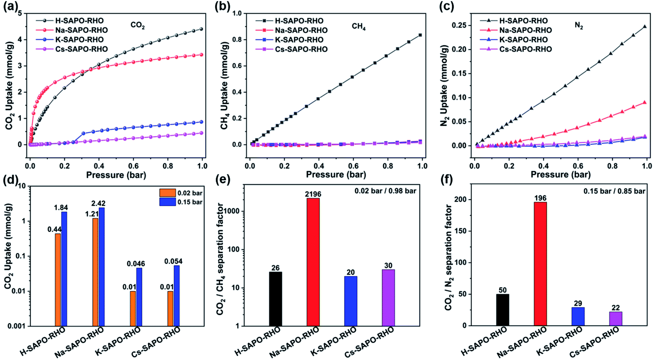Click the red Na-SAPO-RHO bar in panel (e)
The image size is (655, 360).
pos(313,262)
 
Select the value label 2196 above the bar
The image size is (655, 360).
pos(313,194)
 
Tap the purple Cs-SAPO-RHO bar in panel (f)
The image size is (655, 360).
pos(615,318)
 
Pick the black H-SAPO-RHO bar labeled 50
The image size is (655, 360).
pos(502,309)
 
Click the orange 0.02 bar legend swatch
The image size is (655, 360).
pos(167,193)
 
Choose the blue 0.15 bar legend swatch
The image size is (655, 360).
pos(167,202)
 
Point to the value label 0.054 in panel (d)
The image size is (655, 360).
pos(173,261)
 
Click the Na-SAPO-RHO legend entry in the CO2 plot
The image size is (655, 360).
pos(81,30)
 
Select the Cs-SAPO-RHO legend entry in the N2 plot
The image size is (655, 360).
pos(525,49)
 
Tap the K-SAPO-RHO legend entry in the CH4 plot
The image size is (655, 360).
pos(299,40)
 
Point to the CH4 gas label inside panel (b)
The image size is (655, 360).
pos(358,26)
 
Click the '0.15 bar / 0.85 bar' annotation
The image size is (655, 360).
pos(614,191)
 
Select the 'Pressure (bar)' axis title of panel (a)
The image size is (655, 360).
pos(116,175)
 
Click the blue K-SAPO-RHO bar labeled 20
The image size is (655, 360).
pos(350,301)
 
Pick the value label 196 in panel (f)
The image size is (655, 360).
pos(540,198)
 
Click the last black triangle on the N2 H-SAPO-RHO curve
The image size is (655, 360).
pos(644,26)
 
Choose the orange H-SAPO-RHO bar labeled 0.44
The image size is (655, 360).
pos(58,279)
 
